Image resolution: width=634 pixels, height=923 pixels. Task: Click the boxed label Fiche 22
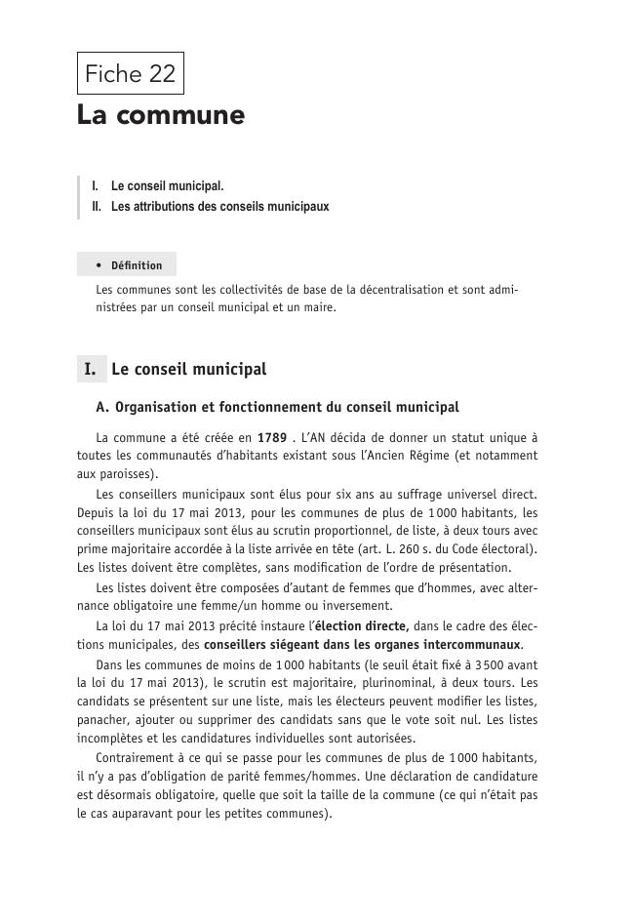130,73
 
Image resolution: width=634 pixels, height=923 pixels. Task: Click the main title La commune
161,115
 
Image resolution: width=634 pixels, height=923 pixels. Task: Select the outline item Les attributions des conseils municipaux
219,207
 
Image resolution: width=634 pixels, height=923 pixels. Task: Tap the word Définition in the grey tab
137,265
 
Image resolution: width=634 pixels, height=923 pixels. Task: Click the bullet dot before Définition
100,265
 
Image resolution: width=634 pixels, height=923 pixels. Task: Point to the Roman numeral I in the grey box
90,370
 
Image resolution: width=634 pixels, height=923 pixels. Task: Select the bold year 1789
271,438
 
